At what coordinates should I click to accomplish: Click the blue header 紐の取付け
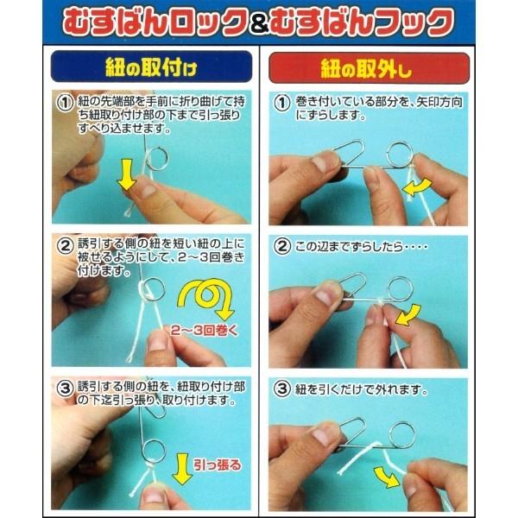click(x=151, y=67)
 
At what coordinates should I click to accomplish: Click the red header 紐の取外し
click(x=369, y=67)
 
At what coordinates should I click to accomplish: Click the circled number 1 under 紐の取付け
click(x=64, y=102)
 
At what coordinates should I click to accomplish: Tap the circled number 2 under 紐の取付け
click(x=64, y=244)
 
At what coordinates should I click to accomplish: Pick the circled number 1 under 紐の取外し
click(x=281, y=102)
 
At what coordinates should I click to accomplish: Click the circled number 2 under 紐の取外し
click(x=281, y=244)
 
